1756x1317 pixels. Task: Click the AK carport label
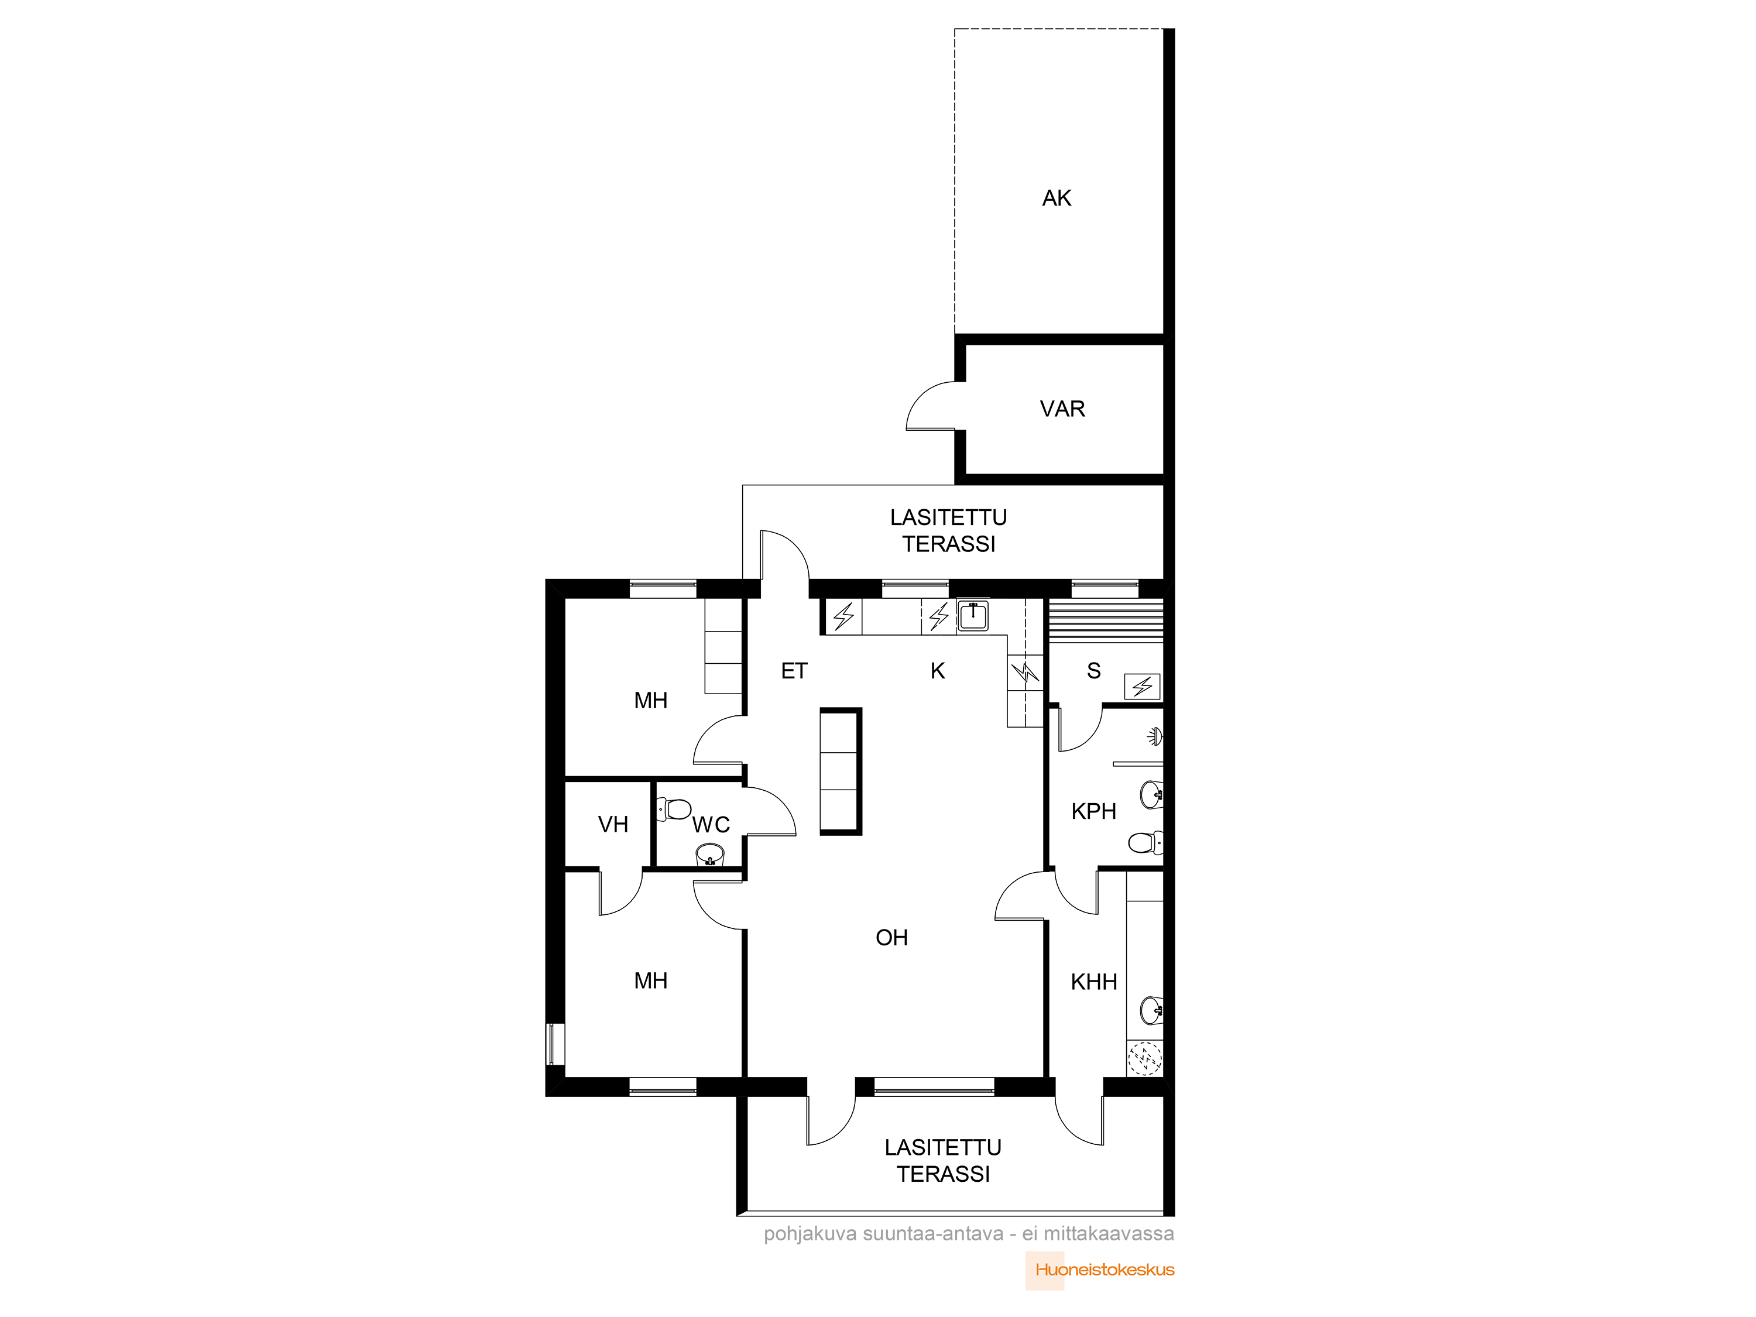[1057, 198]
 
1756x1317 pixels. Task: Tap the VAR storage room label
[1062, 409]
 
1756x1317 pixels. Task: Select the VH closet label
[613, 825]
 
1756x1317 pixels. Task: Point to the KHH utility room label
[1093, 982]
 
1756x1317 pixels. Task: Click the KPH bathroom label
[1093, 811]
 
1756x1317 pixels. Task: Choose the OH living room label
[891, 938]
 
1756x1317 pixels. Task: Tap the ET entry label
[794, 671]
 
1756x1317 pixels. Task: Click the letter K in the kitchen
[938, 671]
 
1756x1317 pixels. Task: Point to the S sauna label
[1094, 671]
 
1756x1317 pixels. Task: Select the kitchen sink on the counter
[972, 615]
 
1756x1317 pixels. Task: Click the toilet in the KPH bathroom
[1145, 842]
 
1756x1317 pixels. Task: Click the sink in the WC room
[709, 855]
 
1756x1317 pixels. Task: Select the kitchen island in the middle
[841, 771]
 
